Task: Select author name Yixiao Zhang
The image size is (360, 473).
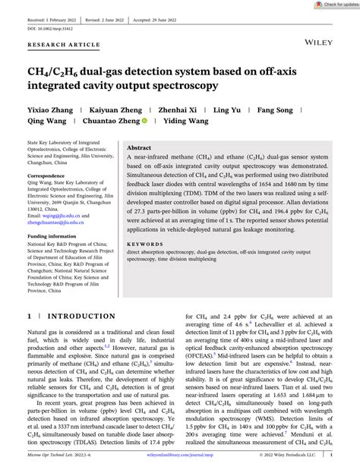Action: (50, 110)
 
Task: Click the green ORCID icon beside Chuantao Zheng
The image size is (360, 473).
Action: (166, 121)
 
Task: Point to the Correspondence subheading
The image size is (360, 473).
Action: (48, 175)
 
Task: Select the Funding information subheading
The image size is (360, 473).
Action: (54, 235)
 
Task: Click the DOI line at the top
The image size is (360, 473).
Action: (46, 28)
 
